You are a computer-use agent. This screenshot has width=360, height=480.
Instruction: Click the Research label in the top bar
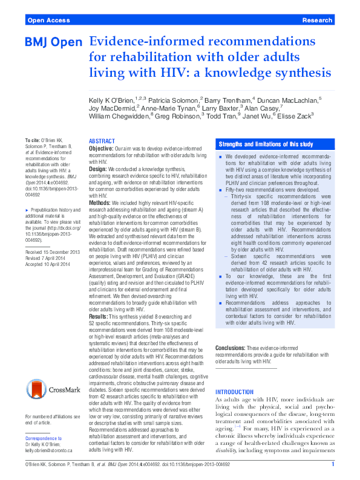(316, 21)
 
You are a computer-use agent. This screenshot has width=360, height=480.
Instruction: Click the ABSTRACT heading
(102, 140)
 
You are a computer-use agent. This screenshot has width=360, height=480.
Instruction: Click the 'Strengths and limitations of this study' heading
(257, 144)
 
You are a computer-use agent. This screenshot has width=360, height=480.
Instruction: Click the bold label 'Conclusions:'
(231, 348)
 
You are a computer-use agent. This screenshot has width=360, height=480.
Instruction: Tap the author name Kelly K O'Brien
(111, 99)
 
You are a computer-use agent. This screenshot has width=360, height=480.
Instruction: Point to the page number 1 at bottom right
(332, 464)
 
